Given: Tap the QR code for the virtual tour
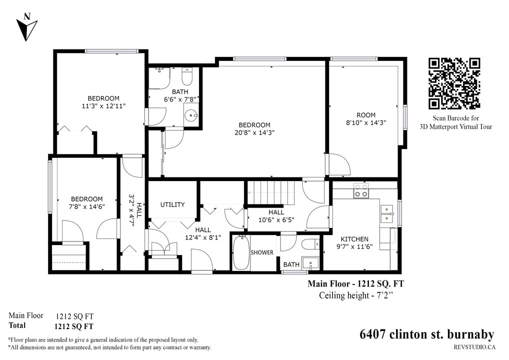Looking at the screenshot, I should (x=454, y=83).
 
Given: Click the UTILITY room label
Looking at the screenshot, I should (x=172, y=204).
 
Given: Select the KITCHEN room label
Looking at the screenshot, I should (x=354, y=239).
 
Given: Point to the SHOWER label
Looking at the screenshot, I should (x=262, y=252).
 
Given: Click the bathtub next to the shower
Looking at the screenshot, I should (x=241, y=252).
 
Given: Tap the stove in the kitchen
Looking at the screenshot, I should (x=361, y=190).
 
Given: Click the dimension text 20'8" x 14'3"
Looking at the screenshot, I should (x=254, y=132).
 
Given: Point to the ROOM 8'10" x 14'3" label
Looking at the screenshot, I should (x=366, y=118).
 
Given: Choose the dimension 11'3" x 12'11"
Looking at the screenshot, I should (x=103, y=106).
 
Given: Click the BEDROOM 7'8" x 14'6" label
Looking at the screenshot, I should (x=86, y=202).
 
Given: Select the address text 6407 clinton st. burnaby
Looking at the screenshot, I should (x=427, y=334).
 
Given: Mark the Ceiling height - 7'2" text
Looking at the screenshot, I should (x=355, y=295).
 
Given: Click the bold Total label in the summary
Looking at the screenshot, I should (x=17, y=325).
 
